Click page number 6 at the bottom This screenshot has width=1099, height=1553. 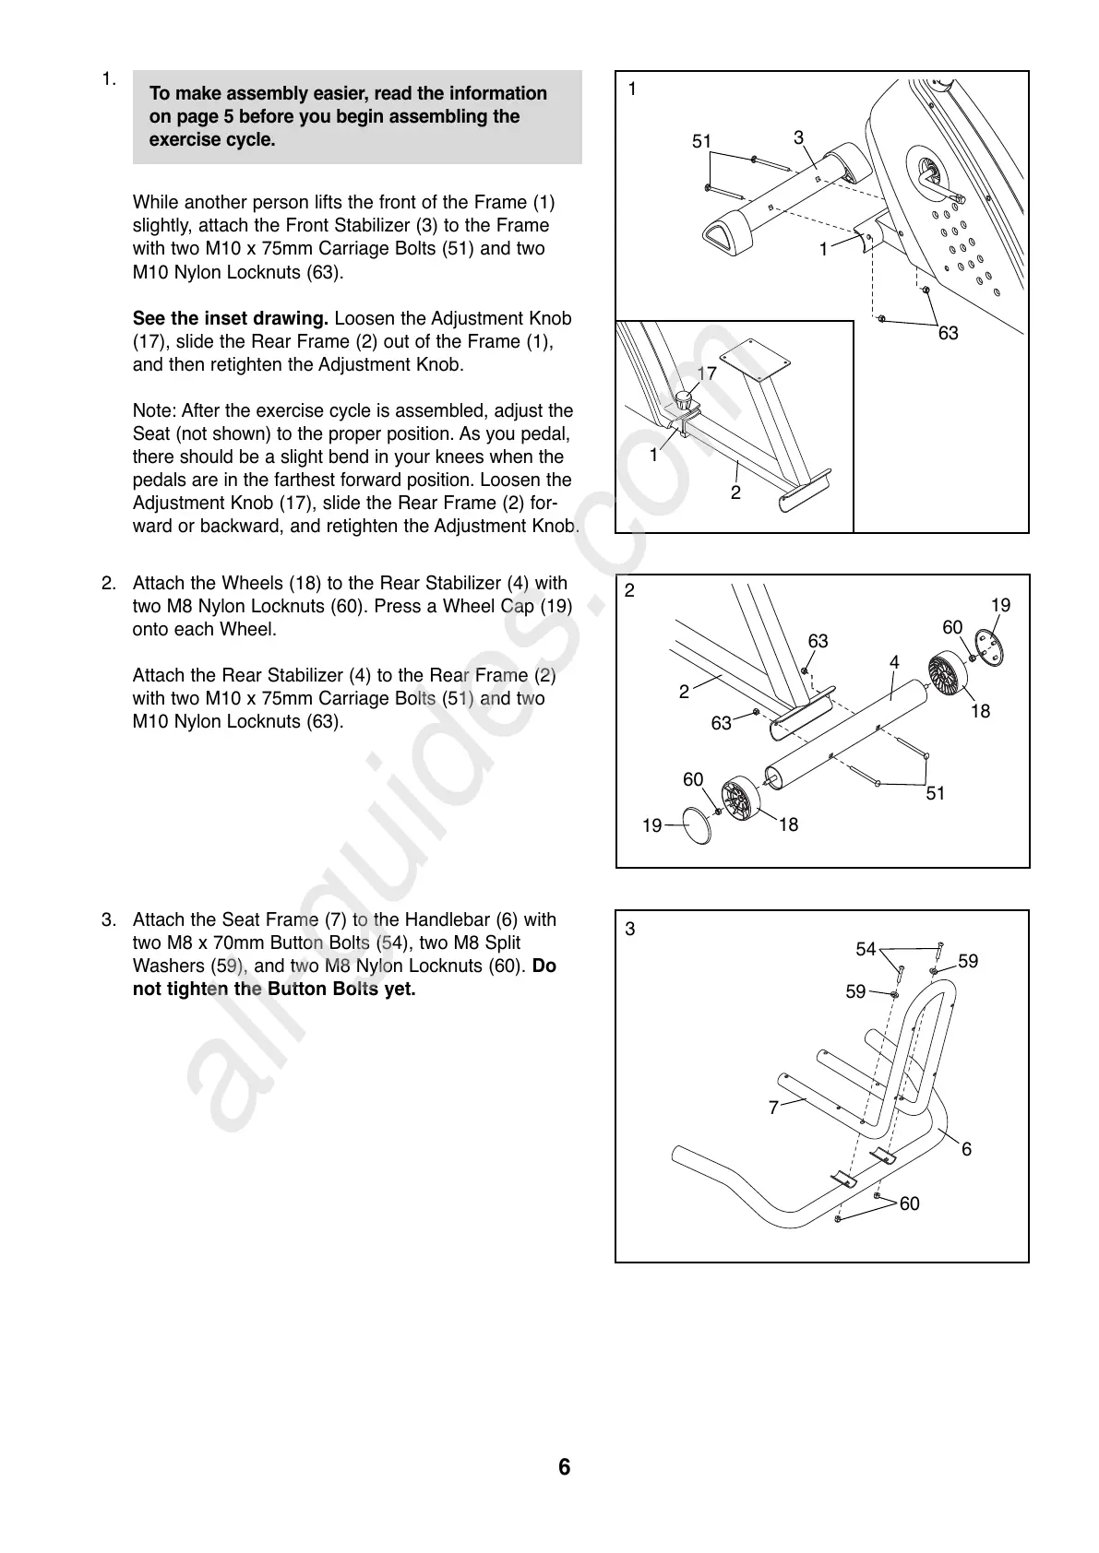564,1467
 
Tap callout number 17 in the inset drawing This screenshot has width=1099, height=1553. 707,373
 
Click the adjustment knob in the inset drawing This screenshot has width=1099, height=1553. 684,401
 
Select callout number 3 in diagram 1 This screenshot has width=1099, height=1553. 798,137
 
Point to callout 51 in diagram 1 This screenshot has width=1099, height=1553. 702,141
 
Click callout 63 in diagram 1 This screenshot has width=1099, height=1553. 949,333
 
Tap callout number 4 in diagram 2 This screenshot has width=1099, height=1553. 894,662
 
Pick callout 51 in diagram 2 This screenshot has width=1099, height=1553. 936,793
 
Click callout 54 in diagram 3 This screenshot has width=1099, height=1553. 866,949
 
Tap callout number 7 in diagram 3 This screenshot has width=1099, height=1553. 773,1108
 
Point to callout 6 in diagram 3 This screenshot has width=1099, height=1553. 967,1149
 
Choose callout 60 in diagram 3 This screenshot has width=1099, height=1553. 910,1203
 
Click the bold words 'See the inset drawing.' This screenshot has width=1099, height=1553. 231,318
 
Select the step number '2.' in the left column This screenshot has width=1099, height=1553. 109,583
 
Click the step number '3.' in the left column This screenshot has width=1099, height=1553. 109,919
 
